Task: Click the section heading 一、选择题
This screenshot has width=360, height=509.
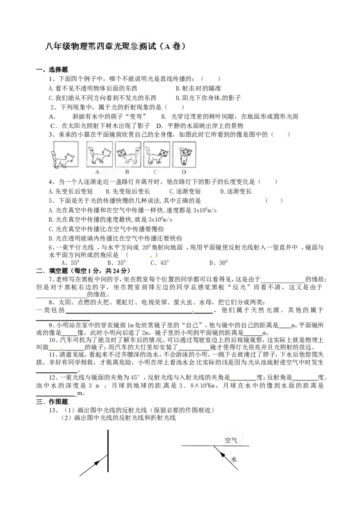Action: [52, 69]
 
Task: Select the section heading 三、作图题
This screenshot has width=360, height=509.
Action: [52, 402]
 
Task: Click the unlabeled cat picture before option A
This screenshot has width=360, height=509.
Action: [65, 155]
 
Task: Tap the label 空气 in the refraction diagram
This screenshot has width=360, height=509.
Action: [231, 440]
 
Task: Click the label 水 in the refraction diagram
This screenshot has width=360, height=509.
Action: [234, 460]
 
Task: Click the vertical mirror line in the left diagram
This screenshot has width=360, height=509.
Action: [108, 451]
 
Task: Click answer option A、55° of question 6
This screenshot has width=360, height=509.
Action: [71, 263]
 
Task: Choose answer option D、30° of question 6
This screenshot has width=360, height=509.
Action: [219, 263]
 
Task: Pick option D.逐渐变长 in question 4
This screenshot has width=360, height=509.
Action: [236, 191]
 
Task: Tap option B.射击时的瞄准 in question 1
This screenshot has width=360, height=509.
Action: [198, 88]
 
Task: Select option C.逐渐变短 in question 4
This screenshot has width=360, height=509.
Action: [185, 191]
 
